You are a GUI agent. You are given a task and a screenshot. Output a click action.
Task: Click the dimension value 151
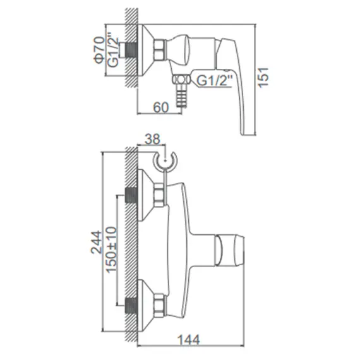click(263, 77)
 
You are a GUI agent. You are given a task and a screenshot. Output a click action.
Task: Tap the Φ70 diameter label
click(99, 50)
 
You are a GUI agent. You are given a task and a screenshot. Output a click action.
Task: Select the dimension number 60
click(161, 107)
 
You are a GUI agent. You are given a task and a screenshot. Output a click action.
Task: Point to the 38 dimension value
click(152, 139)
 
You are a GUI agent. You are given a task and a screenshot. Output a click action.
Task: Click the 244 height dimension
click(97, 243)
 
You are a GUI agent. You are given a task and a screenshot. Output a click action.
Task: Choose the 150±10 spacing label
click(112, 249)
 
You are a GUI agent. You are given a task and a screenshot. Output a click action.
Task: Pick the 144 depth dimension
click(189, 340)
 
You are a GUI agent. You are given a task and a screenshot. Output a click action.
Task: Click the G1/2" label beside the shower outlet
click(214, 81)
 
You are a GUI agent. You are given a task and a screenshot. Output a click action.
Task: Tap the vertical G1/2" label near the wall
click(113, 51)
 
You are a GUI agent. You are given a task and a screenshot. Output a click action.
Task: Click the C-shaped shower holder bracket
click(164, 160)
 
